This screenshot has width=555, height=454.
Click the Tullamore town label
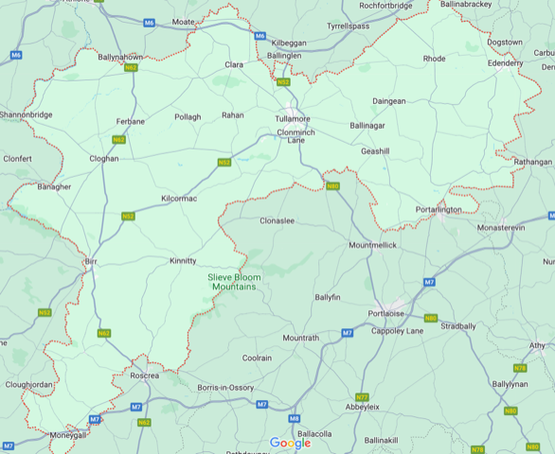pyautogui.click(x=293, y=119)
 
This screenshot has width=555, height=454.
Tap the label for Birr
pyautogui.click(x=92, y=259)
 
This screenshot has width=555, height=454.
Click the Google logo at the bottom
pyautogui.click(x=290, y=443)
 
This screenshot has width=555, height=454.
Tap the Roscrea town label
pyautogui.click(x=144, y=375)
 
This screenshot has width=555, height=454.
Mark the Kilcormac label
pyautogui.click(x=179, y=200)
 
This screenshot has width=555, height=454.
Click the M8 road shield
pyautogui.click(x=295, y=418)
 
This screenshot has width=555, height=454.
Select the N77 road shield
pyautogui.click(x=362, y=396)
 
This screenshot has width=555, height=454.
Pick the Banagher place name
pyautogui.click(x=54, y=187)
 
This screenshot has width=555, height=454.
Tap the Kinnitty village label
pyautogui.click(x=183, y=260)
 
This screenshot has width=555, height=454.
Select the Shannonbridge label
pyautogui.click(x=29, y=115)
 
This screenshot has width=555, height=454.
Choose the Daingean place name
pyautogui.click(x=388, y=100)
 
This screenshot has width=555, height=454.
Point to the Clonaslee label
pyautogui.click(x=279, y=220)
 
